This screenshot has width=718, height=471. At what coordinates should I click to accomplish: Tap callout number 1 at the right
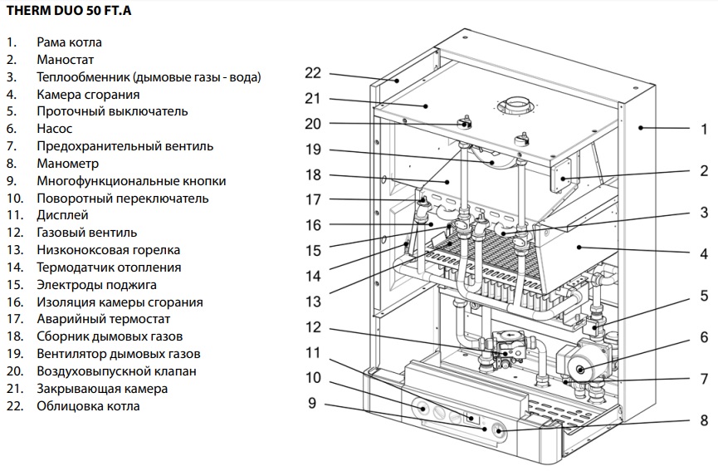tap(703, 129)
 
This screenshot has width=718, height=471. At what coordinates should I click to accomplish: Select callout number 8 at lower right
tap(703, 420)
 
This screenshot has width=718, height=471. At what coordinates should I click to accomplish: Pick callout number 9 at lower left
tap(312, 405)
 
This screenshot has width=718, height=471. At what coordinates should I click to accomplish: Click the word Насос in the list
tap(54, 129)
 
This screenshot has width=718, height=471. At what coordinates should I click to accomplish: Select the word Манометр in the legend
tap(67, 164)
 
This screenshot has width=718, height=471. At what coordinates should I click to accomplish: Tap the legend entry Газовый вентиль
tap(86, 233)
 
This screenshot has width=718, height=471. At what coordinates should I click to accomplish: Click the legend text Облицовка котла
tap(88, 406)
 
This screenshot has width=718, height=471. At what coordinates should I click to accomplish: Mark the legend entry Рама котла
tap(70, 42)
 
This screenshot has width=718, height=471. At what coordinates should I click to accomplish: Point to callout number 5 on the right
tap(703, 295)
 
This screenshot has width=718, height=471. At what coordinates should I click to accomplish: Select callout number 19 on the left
tap(312, 150)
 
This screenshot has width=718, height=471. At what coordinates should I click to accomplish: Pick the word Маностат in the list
tap(65, 60)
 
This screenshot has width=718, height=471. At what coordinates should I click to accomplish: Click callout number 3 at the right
tap(703, 212)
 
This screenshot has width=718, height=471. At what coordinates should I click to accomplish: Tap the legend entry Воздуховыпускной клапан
tap(116, 371)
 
